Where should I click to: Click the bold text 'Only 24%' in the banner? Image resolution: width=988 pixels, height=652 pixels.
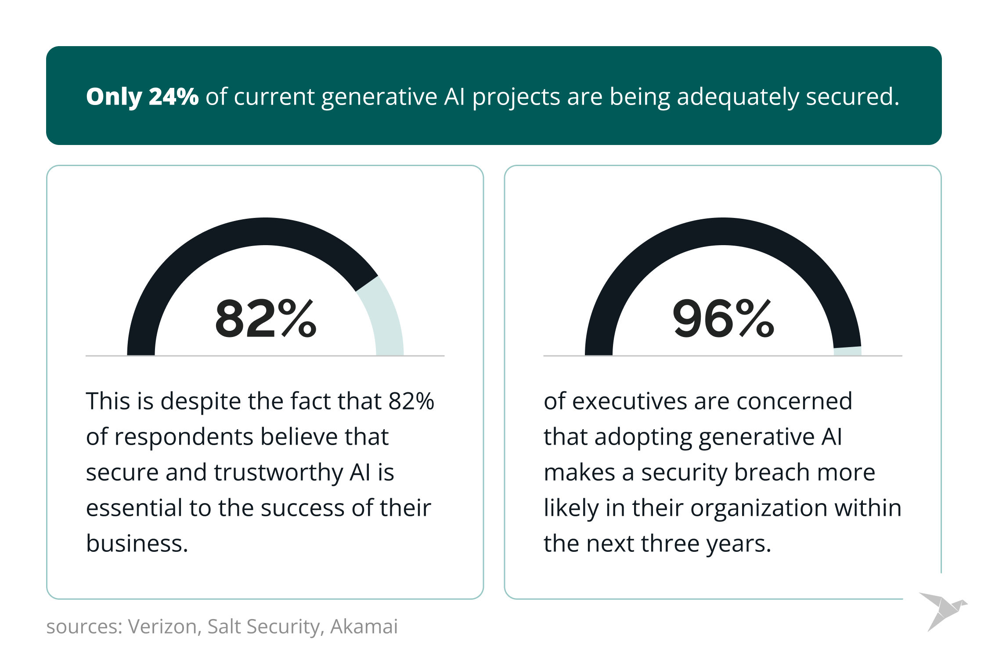[x=142, y=97]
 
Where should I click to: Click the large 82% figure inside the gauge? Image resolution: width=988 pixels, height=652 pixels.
[x=265, y=319]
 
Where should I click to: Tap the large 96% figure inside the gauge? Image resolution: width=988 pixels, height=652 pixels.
[x=723, y=319]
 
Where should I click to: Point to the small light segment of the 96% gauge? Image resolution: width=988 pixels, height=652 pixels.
[x=847, y=351]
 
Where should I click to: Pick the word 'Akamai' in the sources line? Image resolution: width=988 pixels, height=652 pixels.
[x=364, y=627]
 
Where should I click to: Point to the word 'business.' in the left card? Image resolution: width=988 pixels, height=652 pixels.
[x=137, y=544]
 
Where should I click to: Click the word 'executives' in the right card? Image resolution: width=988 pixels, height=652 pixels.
[x=629, y=402]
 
